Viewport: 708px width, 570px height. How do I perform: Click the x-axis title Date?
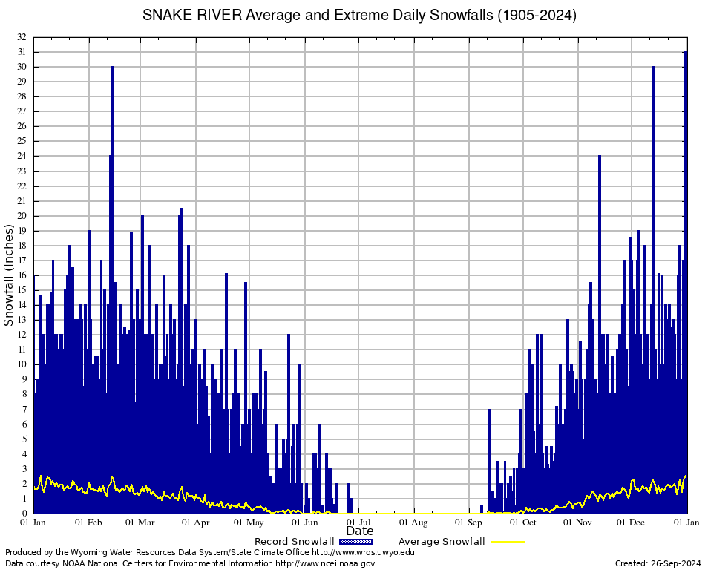click(x=360, y=531)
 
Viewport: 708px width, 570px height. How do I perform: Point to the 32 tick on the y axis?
click(x=22, y=37)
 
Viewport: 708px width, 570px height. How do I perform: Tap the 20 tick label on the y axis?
click(x=22, y=216)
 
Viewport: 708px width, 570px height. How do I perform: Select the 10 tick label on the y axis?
click(x=22, y=364)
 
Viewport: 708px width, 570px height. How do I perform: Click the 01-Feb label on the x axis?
click(x=88, y=522)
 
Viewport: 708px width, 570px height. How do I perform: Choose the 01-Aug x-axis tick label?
click(x=413, y=522)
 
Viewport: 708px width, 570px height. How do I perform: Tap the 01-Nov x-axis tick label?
click(x=577, y=522)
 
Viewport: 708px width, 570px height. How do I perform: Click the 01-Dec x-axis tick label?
click(x=632, y=522)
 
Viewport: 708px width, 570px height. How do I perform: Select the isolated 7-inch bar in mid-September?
click(x=489, y=460)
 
